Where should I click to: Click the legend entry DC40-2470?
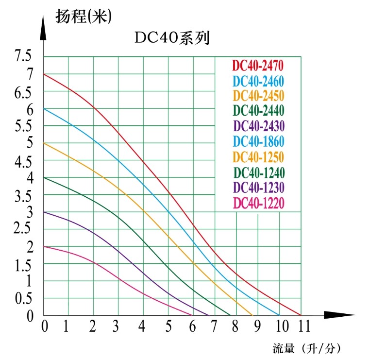click(258, 65)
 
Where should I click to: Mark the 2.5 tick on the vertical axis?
click(23, 229)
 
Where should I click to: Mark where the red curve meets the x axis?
click(301, 315)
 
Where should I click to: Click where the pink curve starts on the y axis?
click(44, 246)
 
